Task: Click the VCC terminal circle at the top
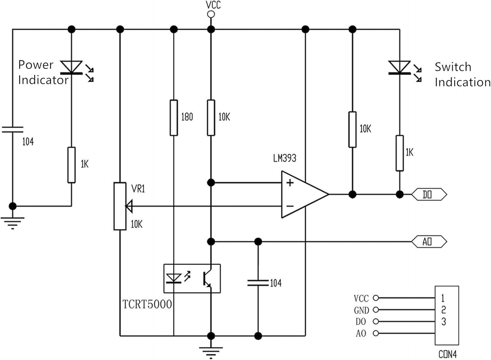(211, 14)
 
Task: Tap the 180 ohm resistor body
(174, 118)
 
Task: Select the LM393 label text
(284, 158)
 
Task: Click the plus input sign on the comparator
(290, 182)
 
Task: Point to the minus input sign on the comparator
(290, 206)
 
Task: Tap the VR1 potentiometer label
(138, 189)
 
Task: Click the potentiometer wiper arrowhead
(129, 206)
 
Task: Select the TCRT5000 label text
(147, 304)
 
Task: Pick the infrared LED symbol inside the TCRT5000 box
(174, 278)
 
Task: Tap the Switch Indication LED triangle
(399, 67)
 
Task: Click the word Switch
(453, 67)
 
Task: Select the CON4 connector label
(447, 354)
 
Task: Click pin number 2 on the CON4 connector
(443, 310)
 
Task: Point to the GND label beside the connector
(361, 310)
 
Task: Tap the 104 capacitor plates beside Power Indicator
(12, 129)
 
